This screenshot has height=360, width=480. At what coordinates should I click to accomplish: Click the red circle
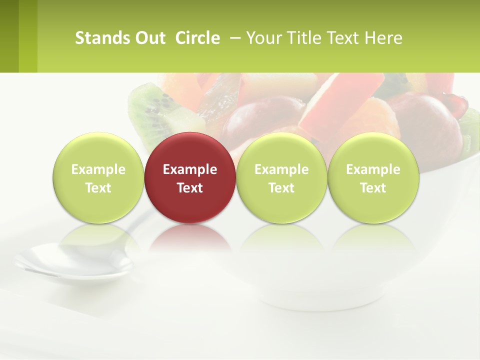(190, 150)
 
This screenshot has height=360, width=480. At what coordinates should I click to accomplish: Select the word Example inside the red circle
(190, 169)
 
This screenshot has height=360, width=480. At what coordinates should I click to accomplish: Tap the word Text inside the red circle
(190, 188)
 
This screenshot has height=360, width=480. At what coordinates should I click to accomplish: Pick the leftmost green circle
(98, 150)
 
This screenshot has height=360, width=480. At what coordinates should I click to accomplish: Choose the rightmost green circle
(373, 150)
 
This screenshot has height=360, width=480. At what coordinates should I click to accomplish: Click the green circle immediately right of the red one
(281, 150)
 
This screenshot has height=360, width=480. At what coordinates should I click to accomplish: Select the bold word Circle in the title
(197, 38)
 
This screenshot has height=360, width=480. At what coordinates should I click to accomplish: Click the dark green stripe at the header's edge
(9, 36)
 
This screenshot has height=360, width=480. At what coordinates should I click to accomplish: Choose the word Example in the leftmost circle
(98, 169)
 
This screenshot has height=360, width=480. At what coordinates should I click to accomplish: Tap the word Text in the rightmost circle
(373, 188)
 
